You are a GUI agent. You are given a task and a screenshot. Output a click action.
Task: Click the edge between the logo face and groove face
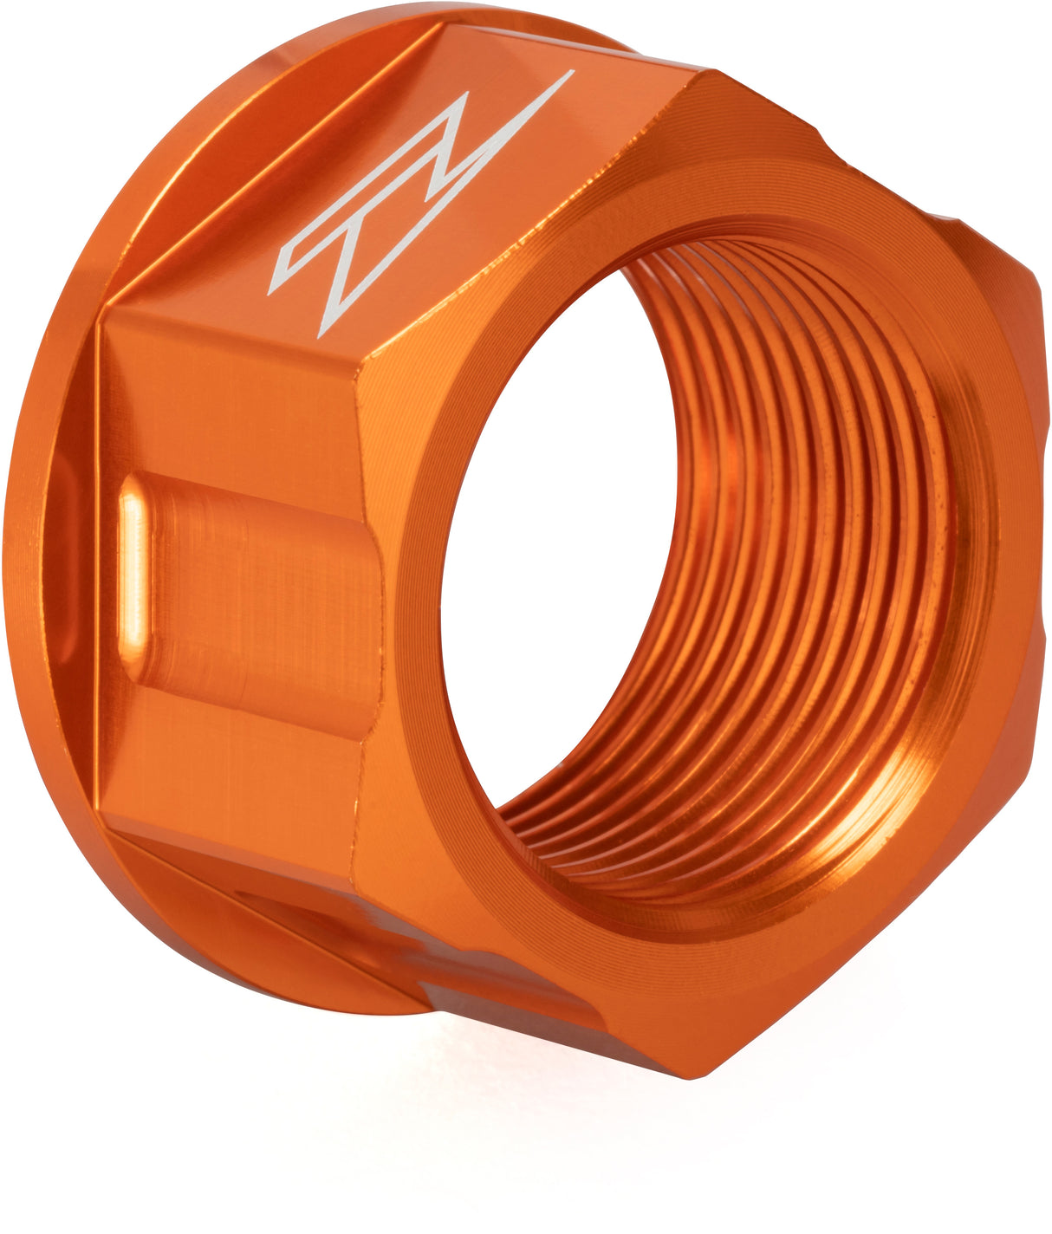point(234,334)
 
